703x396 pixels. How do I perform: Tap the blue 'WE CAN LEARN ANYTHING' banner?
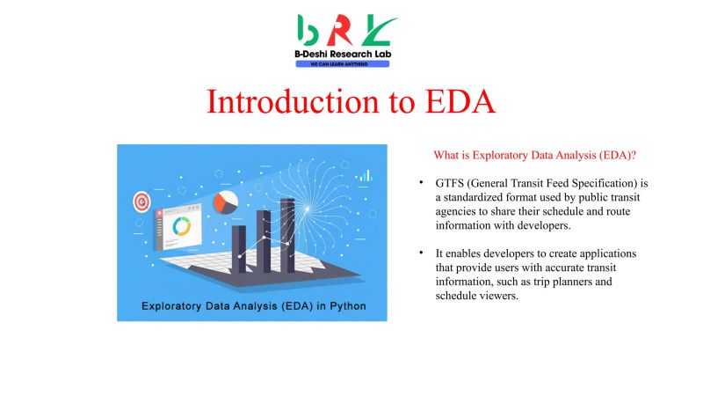(x=343, y=64)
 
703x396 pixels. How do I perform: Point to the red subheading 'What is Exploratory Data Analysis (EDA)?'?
(x=534, y=155)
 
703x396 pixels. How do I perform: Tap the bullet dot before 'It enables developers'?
(x=422, y=253)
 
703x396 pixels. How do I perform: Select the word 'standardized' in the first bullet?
(x=480, y=198)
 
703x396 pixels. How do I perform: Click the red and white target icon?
(x=141, y=202)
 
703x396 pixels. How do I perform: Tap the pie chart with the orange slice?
(x=226, y=202)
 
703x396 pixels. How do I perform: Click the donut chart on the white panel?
(x=182, y=226)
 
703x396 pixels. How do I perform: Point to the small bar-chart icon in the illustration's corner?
(x=364, y=176)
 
